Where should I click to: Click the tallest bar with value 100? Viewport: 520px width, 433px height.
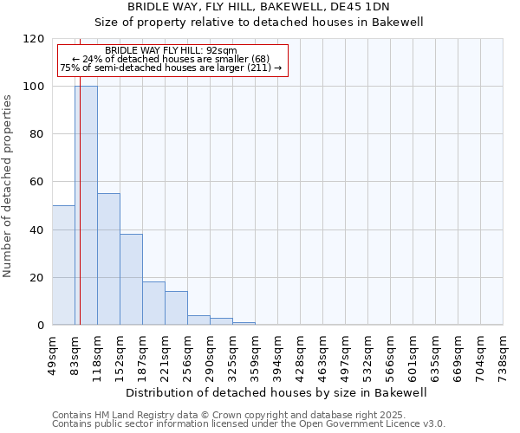[86, 205]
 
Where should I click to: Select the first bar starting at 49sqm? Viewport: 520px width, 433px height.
[63, 265]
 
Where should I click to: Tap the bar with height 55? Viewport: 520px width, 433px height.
[108, 259]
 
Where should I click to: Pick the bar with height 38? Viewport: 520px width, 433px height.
[131, 279]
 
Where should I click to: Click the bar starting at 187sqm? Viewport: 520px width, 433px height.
[153, 303]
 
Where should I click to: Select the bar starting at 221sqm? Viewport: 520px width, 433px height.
[176, 308]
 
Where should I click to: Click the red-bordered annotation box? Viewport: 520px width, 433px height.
[171, 61]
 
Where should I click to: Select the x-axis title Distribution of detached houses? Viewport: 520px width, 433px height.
[277, 392]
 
